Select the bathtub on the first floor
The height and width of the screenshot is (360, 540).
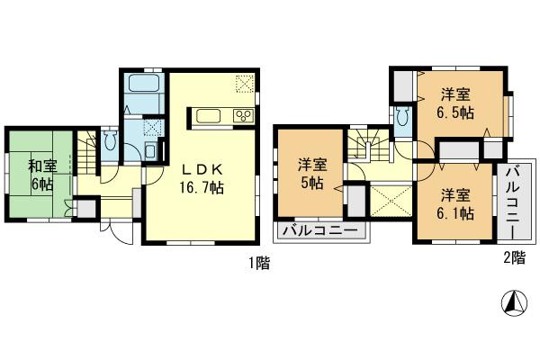[144, 85]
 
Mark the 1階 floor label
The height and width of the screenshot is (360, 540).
[257, 264]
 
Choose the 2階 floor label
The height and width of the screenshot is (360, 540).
[512, 258]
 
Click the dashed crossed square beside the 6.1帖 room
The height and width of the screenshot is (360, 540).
[389, 200]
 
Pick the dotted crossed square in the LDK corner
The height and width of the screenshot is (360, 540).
[245, 84]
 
